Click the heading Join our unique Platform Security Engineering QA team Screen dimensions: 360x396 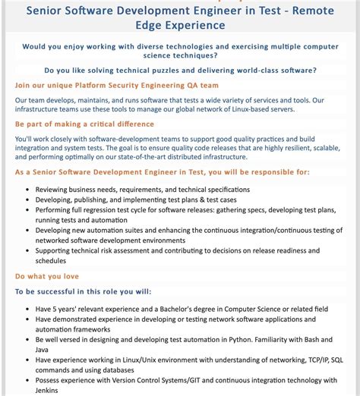pos(117,85)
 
